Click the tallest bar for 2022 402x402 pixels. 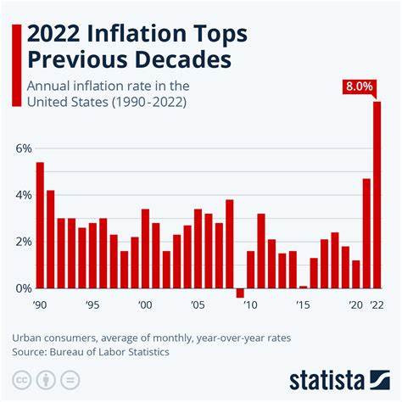pos(377,195)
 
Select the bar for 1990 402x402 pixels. pos(40,225)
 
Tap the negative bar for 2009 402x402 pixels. pos(240,293)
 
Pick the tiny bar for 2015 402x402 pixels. pos(303,287)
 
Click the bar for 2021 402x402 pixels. pos(366,233)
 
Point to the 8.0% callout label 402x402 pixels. pos(357,87)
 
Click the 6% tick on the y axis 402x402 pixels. pos(23,148)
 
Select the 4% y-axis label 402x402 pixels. pos(23,195)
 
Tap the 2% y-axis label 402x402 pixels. pos(23,242)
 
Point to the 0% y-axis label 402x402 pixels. pos(23,288)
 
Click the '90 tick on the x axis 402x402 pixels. pos(40,304)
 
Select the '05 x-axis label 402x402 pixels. pos(198,304)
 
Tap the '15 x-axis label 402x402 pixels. pos(303,304)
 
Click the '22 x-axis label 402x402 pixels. pos(377,304)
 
